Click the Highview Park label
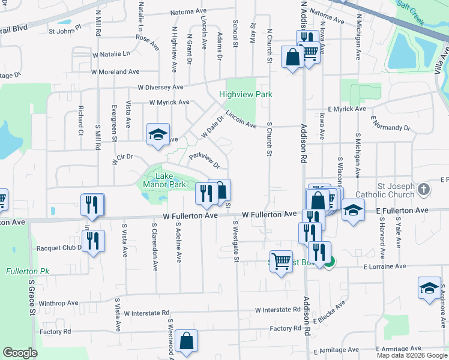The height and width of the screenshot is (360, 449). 246,94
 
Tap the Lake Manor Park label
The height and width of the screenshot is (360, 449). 163,181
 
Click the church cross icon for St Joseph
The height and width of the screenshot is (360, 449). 424,190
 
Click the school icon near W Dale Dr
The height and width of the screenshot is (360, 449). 158,134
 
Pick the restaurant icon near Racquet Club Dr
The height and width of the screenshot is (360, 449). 93,241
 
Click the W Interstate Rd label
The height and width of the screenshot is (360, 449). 277,310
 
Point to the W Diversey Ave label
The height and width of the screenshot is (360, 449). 161,87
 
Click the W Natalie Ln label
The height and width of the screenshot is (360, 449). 110,53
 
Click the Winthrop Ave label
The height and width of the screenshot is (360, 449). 59,303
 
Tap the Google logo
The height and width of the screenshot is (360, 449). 20,353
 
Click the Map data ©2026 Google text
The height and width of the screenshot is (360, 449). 412,355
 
